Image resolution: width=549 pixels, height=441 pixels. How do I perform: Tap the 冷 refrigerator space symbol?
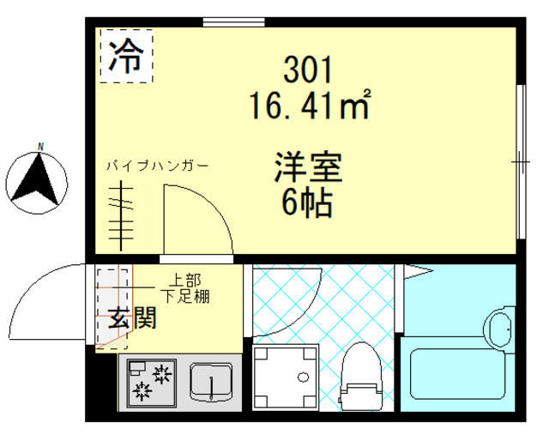[x=127, y=57]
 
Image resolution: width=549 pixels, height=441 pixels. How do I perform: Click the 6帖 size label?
[x=307, y=204]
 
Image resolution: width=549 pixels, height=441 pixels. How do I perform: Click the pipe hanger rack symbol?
[x=123, y=219]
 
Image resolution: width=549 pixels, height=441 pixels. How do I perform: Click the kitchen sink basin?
[x=210, y=382]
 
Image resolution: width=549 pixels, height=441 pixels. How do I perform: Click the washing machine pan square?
[x=287, y=378]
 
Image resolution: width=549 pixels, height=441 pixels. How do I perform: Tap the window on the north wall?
[x=226, y=22]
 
